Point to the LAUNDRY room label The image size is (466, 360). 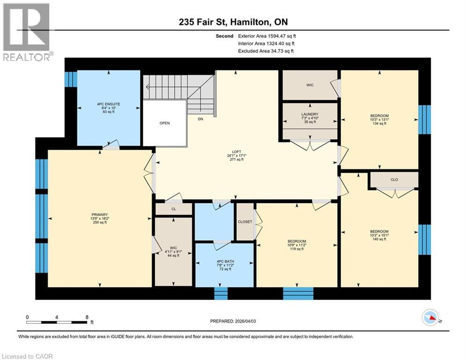point(310,114)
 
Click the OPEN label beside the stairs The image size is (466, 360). point(164,123)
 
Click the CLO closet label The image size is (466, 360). point(394,179)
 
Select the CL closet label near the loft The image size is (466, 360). point(173,210)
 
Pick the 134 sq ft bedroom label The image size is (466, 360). point(379,120)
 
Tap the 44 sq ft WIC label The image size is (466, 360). point(173,252)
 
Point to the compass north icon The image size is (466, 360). point(430,318)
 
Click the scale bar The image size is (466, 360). point(57,322)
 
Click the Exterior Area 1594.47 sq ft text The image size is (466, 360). point(267,36)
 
